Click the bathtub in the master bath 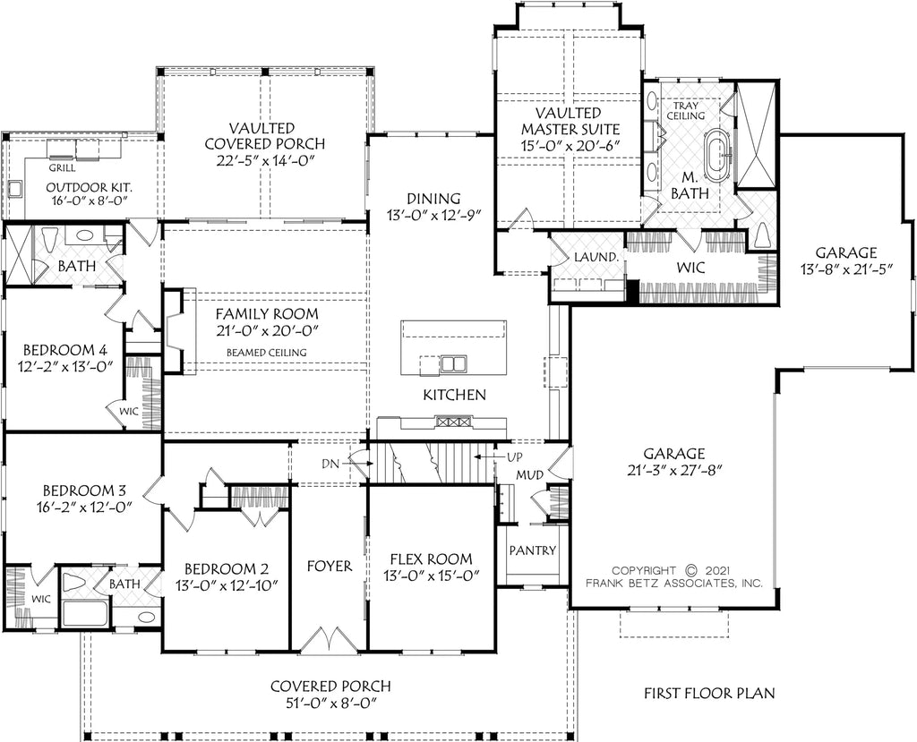point(716,155)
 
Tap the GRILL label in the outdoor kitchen point(62,166)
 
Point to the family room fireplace point(176,331)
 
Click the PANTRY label point(533,550)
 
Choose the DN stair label point(330,463)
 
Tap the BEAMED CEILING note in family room point(265,353)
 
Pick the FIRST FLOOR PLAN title point(709,693)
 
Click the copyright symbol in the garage point(690,569)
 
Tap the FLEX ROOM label point(433,559)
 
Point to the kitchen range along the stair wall point(447,421)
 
